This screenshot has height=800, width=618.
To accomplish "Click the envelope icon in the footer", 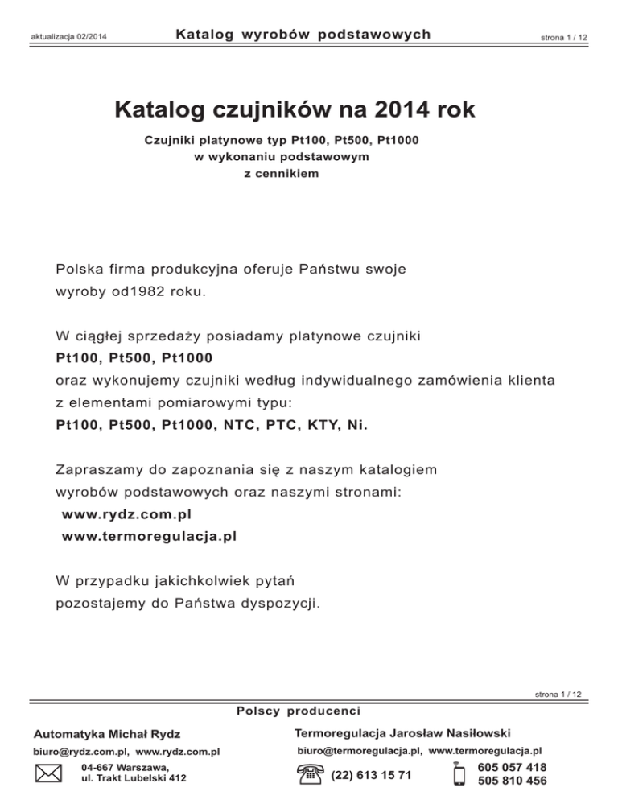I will [50, 774].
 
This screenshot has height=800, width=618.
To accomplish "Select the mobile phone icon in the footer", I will [460, 774].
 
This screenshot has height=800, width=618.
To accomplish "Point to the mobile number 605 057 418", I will [513, 768].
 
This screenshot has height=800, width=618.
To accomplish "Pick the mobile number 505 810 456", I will [513, 781].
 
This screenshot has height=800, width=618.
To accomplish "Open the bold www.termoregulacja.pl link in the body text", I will [149, 535].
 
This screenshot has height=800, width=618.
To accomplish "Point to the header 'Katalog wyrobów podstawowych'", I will [303, 35].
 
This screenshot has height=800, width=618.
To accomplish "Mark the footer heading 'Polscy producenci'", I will [298, 711].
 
